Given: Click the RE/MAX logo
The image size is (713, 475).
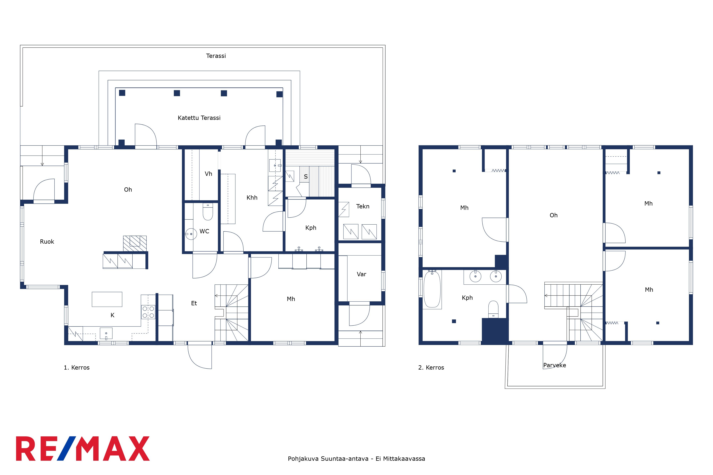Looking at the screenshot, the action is tap(83, 449).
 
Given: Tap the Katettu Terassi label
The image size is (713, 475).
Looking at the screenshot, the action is tap(199, 118).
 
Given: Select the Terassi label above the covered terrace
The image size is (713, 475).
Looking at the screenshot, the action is tap(216, 56).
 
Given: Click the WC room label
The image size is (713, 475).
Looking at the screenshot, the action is tap(204, 231).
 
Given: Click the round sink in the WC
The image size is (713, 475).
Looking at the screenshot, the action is tap(191, 234).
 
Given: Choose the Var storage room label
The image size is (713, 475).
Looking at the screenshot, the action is tap(361, 274).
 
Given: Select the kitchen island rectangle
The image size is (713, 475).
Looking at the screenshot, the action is tap(107, 299).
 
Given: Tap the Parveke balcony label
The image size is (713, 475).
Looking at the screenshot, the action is tap(555, 365).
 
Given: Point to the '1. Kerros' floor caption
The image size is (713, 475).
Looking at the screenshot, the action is tap(77, 367).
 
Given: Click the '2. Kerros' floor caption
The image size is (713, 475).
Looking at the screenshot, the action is tap(431, 367).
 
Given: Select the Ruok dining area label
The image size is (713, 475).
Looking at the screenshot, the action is tap(47, 242).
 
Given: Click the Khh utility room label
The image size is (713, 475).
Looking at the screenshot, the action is tap(252, 198).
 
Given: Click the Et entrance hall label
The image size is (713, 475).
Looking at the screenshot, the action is tap(194, 303).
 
